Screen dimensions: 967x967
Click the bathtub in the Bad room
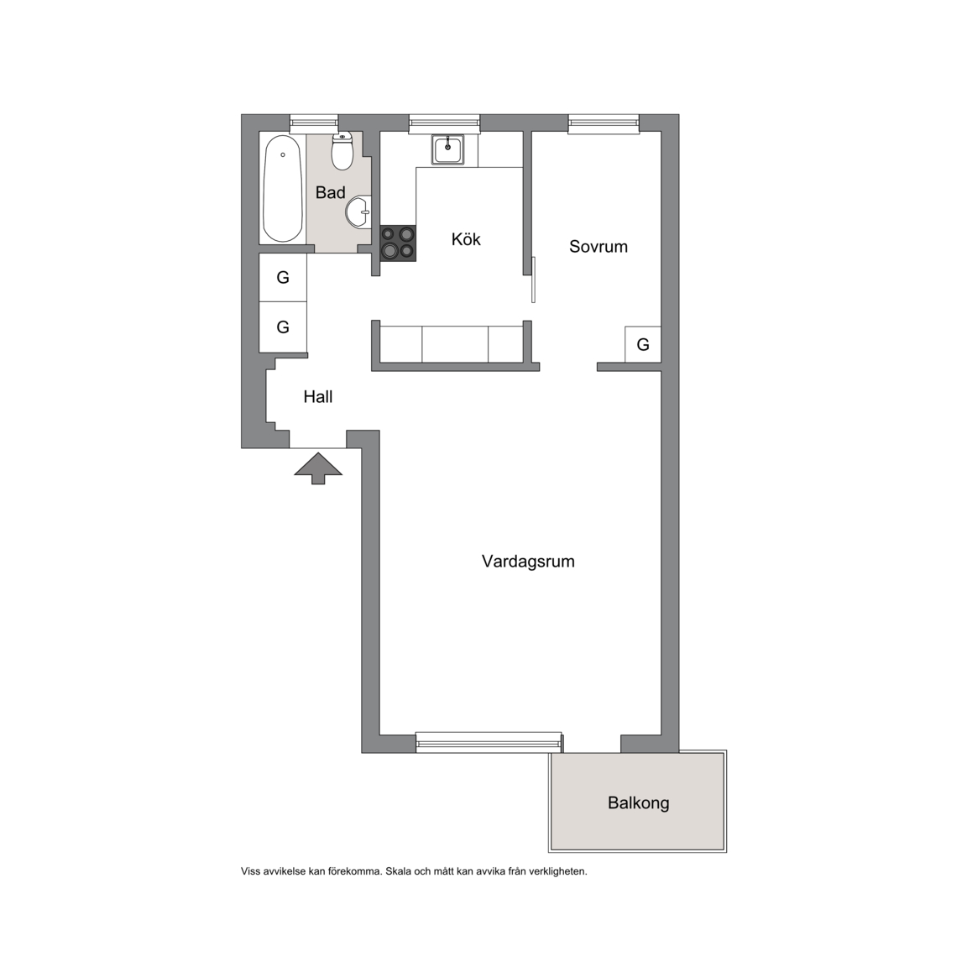pos(283,188)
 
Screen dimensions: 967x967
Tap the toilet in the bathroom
pos(342,151)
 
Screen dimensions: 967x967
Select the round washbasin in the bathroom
pos(358,212)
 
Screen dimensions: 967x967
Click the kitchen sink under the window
pos(447,150)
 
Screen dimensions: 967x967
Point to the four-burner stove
pos(398,243)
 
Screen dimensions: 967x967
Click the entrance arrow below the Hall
pos(318,468)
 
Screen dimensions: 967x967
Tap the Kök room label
pos(466,239)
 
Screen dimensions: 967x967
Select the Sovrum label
pos(598,247)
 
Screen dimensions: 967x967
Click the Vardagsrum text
pos(528,562)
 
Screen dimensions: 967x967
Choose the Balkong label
pos(638,803)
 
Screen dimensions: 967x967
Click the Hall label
pos(317,396)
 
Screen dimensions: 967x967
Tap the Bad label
pos(330,192)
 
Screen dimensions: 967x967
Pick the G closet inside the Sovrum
pos(643,344)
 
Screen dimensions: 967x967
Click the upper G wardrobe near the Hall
pos(283,278)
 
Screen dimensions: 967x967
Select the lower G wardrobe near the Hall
pos(283,327)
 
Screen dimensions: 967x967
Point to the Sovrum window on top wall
pos(604,124)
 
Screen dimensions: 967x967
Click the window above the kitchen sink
pos(444,124)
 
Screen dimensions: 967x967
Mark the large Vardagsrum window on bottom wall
pos(489,743)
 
